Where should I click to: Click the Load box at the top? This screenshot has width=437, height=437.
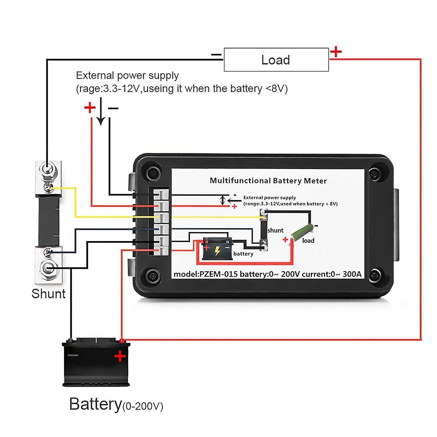point(276,60)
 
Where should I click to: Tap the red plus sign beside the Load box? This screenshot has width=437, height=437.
point(336,52)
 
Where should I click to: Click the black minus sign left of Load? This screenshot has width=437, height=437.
point(216,55)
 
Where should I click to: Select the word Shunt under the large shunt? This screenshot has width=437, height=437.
point(48,294)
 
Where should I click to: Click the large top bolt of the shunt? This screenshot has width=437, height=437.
point(48,169)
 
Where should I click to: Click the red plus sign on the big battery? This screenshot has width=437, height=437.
point(120,357)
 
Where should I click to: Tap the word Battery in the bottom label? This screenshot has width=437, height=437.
point(95,404)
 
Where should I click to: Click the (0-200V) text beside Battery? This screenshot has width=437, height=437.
point(143,406)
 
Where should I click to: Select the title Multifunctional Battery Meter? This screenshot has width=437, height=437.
point(268,181)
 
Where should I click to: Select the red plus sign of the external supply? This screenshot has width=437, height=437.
point(90,107)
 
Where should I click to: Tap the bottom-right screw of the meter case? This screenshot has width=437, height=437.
point(374,275)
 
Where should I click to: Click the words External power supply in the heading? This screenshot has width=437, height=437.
point(127,76)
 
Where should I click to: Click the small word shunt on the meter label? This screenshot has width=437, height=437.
point(275,230)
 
